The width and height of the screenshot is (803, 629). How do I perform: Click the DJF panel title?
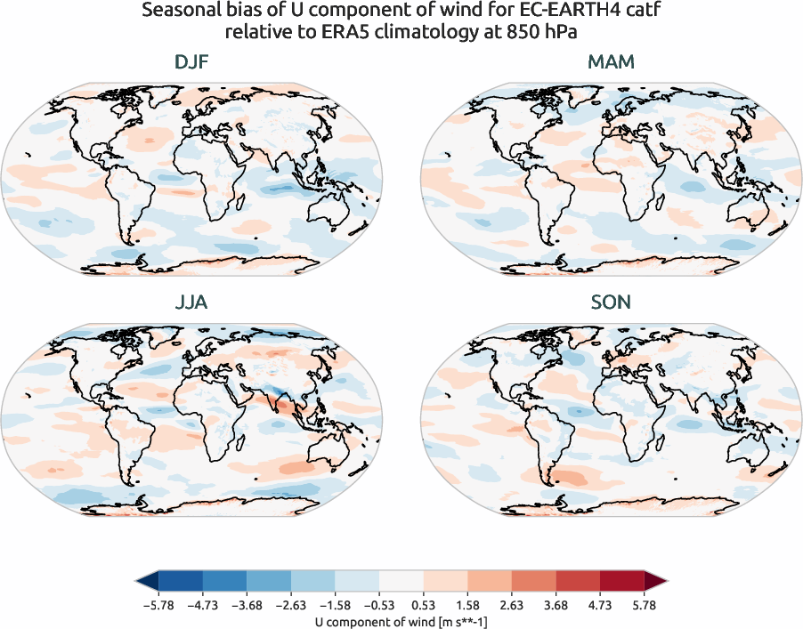191,63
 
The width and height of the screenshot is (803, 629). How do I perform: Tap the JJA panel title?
191,302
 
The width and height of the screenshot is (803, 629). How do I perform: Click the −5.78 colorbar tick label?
157,606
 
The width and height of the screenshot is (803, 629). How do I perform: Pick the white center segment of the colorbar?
401,582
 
